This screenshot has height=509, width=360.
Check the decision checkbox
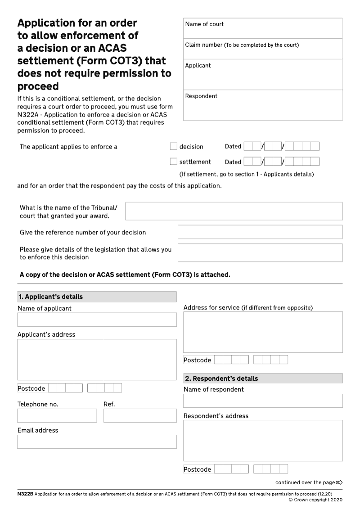point(174,146)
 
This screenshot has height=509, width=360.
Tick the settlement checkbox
point(174,162)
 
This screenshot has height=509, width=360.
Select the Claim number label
point(204,45)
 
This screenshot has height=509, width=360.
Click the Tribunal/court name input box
point(234,211)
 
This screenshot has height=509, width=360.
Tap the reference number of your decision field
point(260,232)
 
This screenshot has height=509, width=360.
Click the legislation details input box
point(260,253)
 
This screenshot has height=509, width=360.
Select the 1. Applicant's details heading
point(50,297)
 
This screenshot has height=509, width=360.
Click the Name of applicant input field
point(97,320)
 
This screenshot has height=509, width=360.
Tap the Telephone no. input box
point(57,415)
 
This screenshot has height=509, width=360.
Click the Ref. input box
point(140,415)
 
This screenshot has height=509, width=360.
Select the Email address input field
point(97,441)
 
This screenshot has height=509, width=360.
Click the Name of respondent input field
point(263,401)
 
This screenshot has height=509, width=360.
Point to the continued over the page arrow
point(339,482)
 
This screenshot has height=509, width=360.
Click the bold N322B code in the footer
point(25,494)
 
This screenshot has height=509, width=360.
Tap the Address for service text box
point(263,332)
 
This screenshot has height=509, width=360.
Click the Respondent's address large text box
point(263,441)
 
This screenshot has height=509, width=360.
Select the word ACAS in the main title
point(110,48)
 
